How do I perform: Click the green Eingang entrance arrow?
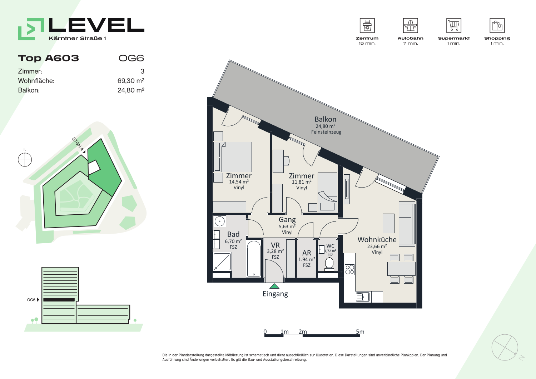(274, 286)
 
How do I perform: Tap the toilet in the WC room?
(329, 264)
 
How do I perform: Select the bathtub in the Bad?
(254, 258)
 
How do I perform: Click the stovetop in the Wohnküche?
(349, 269)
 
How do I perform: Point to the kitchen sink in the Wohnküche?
(363, 297)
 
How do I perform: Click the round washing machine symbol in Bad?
(219, 221)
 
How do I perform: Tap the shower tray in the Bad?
(222, 261)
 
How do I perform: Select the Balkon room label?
(326, 119)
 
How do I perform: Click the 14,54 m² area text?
(239, 182)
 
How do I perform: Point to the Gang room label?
(287, 220)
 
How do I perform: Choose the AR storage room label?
(307, 253)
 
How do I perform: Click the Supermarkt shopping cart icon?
(454, 25)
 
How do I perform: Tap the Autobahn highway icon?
(410, 25)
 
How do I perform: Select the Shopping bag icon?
(497, 25)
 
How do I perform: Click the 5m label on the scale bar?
(360, 331)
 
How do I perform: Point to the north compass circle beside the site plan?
(25, 160)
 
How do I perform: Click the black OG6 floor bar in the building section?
(59, 300)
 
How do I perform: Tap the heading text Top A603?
(48, 58)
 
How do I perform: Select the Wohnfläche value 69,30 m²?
(131, 81)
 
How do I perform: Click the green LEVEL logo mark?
(31, 29)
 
